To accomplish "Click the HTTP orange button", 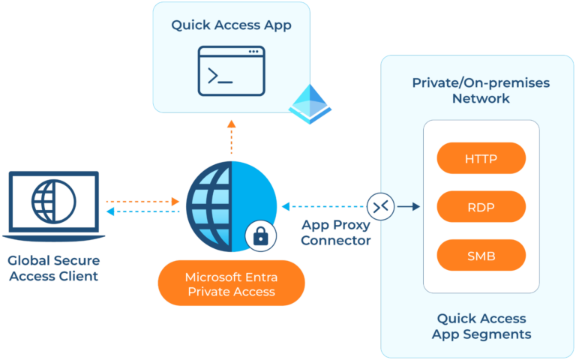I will pos(481,158).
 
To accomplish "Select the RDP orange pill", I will pos(481,206).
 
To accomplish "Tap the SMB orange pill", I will pos(481,255).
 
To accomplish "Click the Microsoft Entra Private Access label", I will pos(231,284).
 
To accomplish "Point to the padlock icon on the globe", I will pos(260,237).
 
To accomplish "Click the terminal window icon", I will pos(231,70).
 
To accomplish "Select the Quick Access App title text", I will pos(231,25).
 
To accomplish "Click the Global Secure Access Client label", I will pos(53,268).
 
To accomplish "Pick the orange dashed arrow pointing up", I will pos(231,134).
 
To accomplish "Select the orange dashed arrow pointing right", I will pos(142,202).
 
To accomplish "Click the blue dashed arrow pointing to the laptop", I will pos(142,212).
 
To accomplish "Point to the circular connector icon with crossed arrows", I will pos(380,205).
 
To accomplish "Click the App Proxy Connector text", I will pos(336,232).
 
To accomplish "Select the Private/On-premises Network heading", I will pos(481,91).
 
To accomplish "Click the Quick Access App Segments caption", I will pos(481,326).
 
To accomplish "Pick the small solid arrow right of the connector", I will pos(408,205).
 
